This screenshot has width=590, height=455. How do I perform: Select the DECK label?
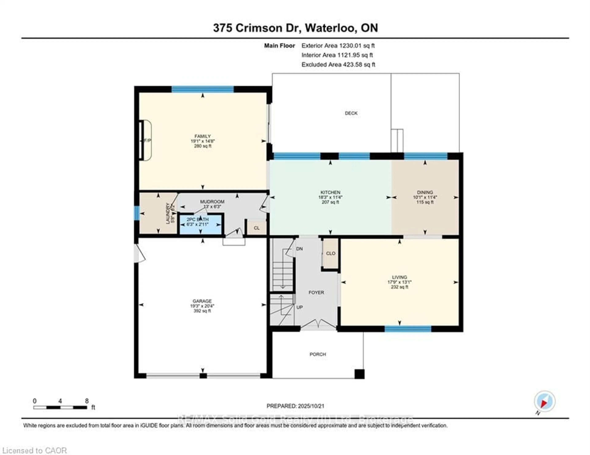point(351,113)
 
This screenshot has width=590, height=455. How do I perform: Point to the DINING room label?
point(425,192)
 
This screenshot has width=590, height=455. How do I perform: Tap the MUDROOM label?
point(212,202)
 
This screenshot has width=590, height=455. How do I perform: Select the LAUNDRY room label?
point(167,213)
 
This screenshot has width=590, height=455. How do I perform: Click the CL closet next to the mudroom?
point(257,228)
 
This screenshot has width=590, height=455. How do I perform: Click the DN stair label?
point(299,249)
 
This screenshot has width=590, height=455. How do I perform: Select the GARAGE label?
point(202,301)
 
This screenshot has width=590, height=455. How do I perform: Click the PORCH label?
point(318,354)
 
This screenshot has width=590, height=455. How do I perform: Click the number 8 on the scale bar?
point(87,401)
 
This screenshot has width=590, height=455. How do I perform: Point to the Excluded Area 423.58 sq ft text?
point(338,64)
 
